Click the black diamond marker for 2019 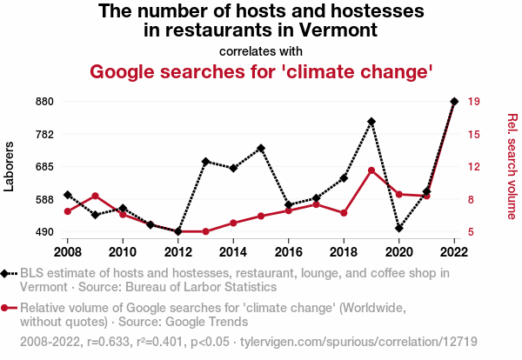[371, 122]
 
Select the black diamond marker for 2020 [399, 229]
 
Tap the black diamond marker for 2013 [205, 162]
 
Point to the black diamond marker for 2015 [261, 148]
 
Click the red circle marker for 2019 [371, 170]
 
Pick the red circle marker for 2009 [95, 197]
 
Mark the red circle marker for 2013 [205, 231]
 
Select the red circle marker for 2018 [344, 213]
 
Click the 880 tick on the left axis [44, 102]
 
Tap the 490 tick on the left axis [44, 232]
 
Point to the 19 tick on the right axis [474, 102]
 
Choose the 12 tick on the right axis [474, 167]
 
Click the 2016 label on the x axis [288, 252]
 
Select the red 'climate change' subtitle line [261, 70]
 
